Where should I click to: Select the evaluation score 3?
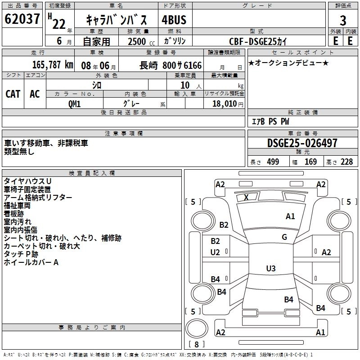[343, 20]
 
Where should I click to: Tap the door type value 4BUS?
[174, 19]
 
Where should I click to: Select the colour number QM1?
[75, 104]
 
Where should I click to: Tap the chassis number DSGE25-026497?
[302, 143]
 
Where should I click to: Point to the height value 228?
[346, 162]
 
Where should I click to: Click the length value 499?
[273, 162]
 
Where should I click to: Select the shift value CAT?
[13, 94]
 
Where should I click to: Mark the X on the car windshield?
[246, 197]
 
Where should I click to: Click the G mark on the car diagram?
[284, 237]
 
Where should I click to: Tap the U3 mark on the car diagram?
[270, 269]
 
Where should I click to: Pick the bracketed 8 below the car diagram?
[197, 344]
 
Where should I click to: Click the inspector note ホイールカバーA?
[31, 262]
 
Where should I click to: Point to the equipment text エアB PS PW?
[270, 121]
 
